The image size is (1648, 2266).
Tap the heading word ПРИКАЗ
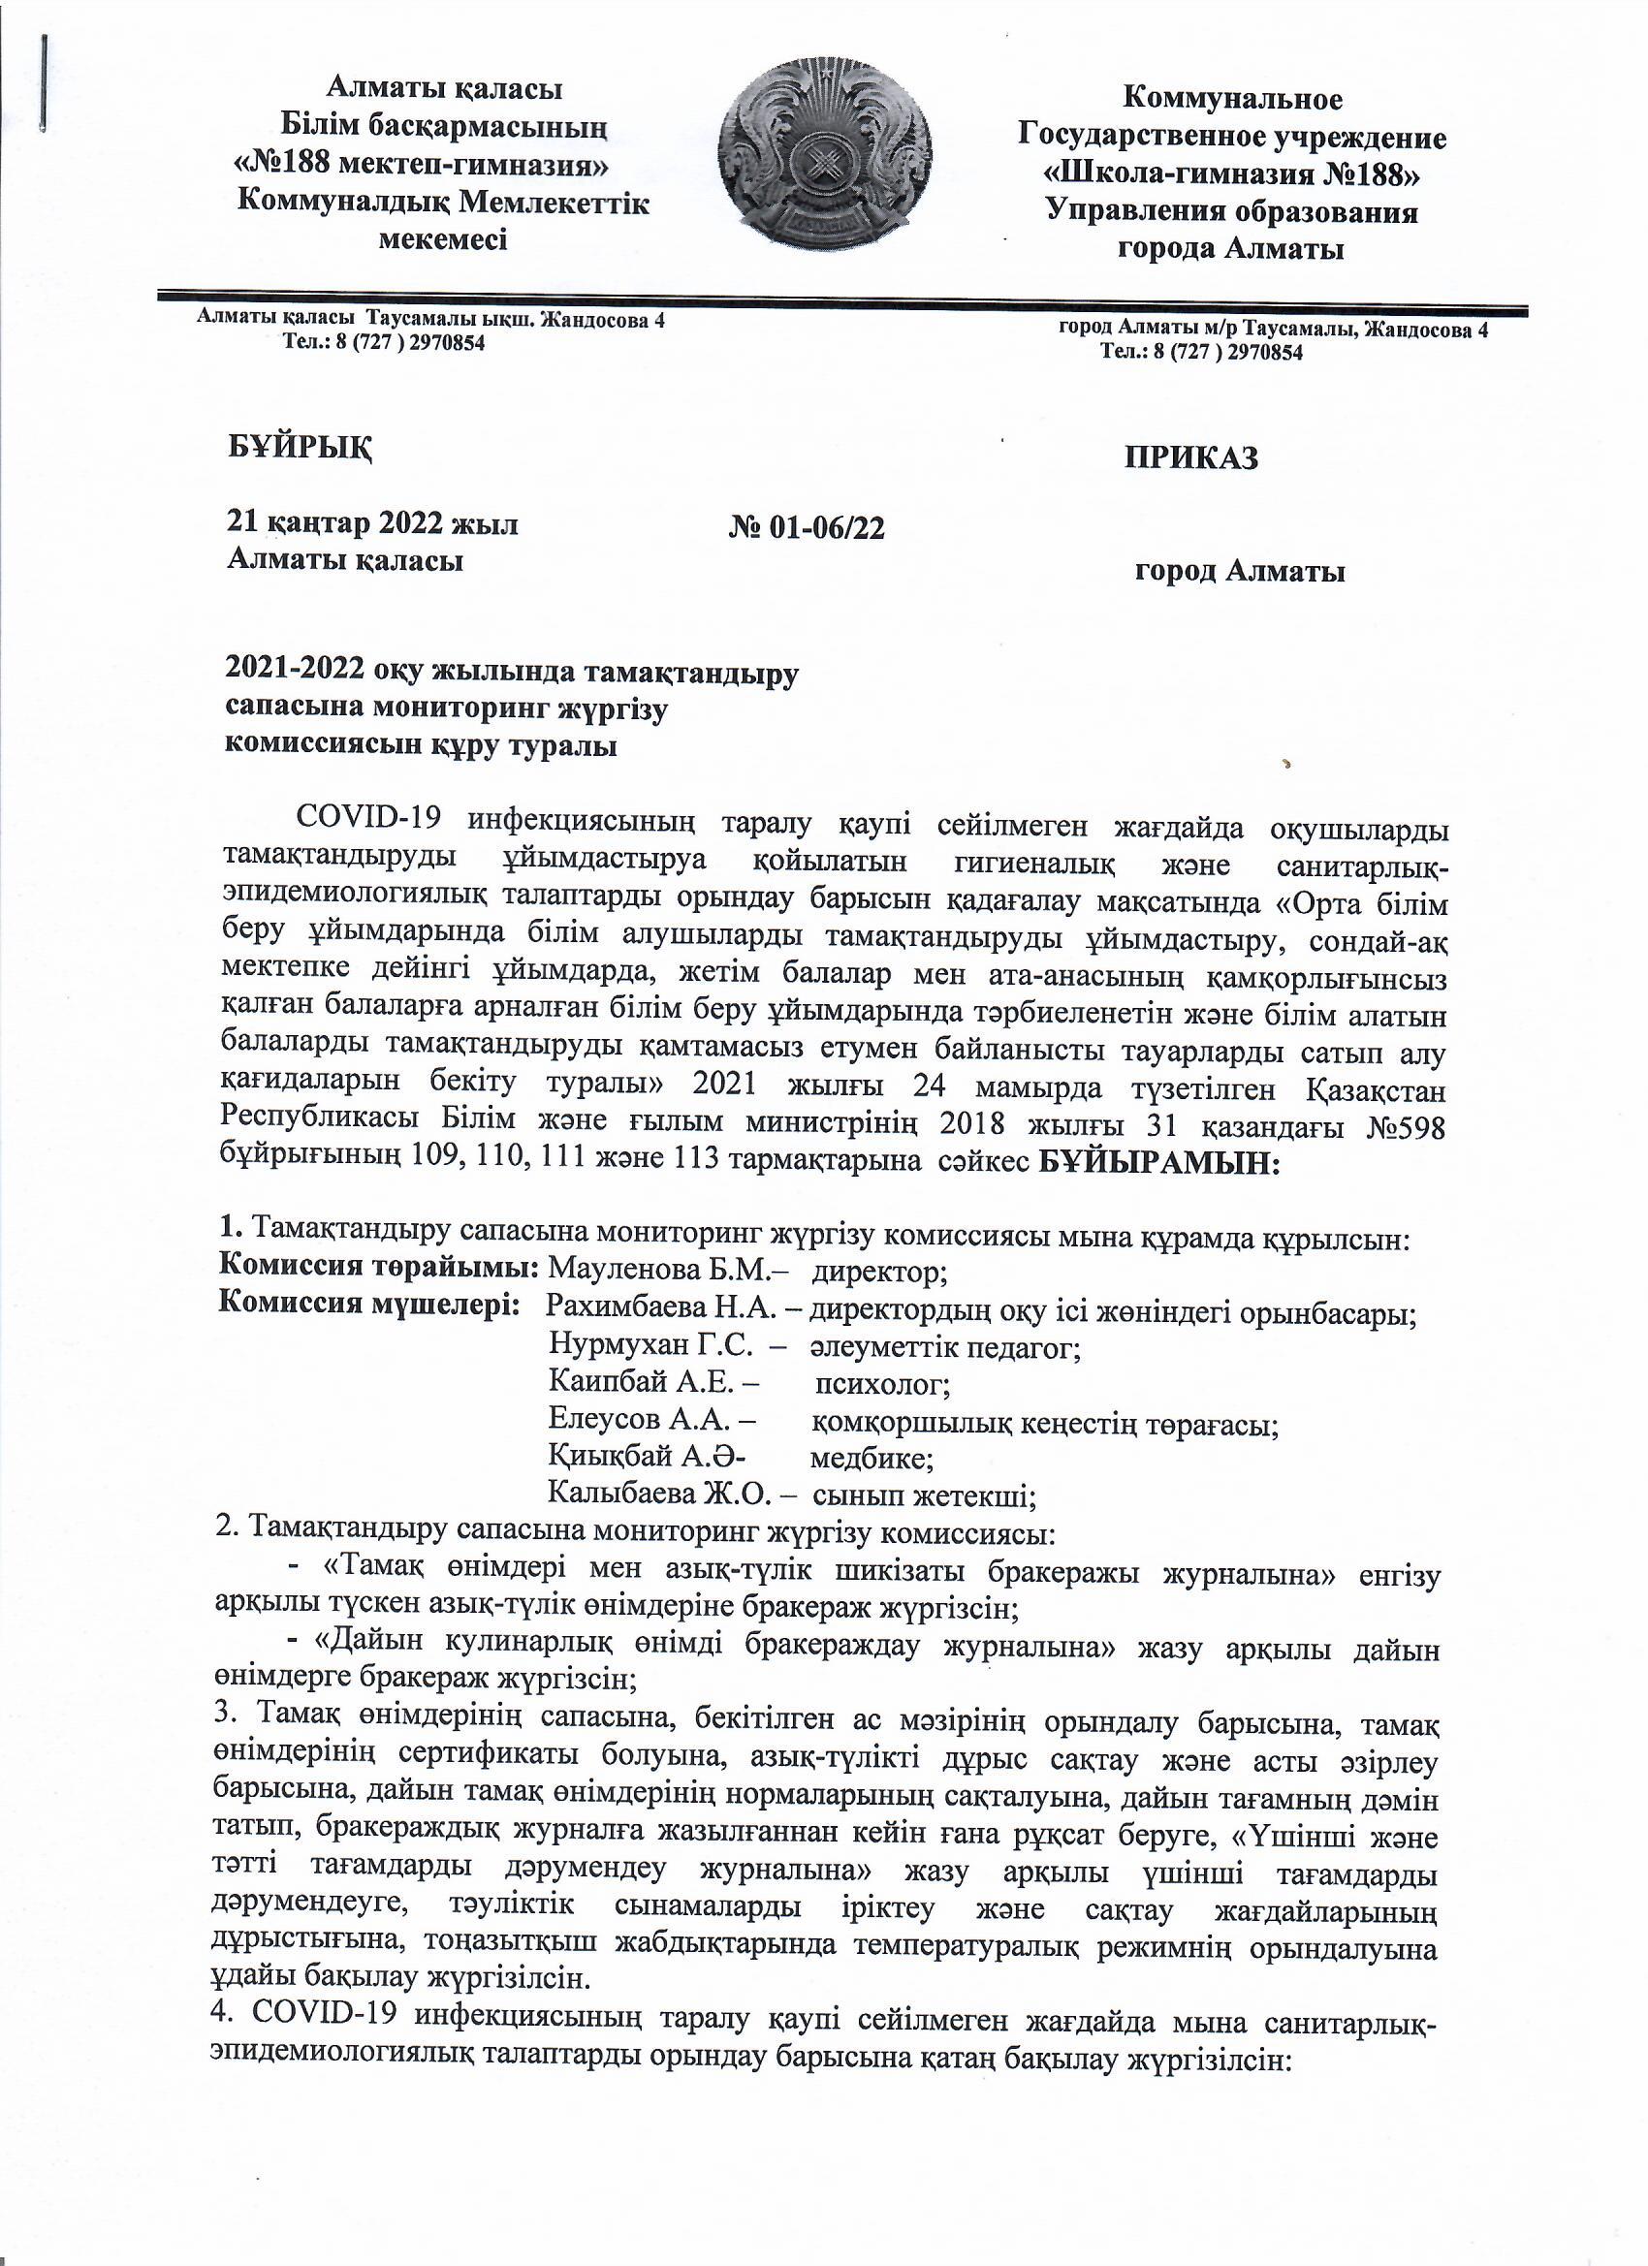point(1191,457)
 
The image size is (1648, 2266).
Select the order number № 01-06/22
point(808,527)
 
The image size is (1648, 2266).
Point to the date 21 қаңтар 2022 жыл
point(373,523)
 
